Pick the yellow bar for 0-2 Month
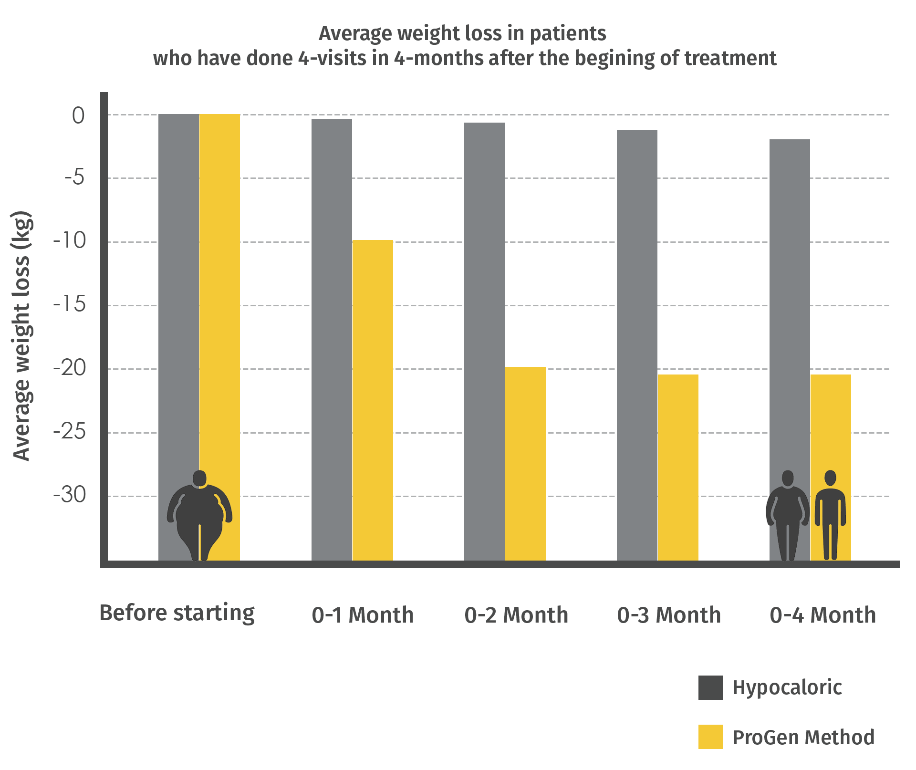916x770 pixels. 525,463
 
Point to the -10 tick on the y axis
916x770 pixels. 70,241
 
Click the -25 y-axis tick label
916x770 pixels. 70,432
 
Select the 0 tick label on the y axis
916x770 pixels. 78,115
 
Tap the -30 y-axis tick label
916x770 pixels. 70,495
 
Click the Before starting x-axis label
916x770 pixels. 177,614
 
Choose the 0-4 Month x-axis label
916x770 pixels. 823,615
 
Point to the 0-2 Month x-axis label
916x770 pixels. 516,615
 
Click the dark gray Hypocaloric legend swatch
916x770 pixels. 710,687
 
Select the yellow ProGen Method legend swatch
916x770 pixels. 710,737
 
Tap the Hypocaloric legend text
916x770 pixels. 787,687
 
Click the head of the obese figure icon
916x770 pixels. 199,478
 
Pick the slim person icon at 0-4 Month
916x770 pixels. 830,515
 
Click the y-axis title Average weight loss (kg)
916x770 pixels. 21,336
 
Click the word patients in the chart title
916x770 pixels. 568,34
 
